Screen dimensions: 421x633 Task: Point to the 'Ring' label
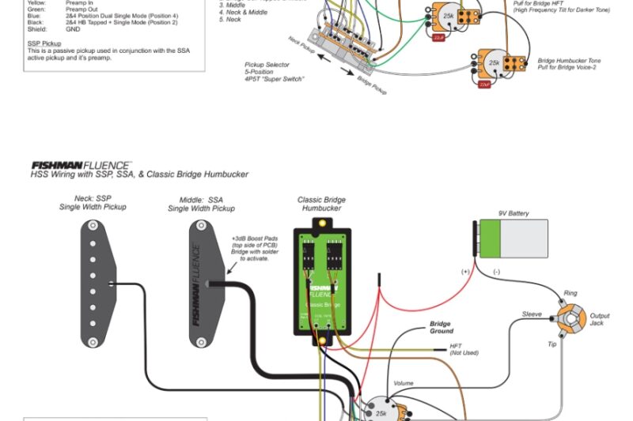click(x=570, y=293)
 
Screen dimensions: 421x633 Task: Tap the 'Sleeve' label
click(x=532, y=314)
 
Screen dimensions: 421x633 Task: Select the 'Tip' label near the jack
click(x=552, y=344)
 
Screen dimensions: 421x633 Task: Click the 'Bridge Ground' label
click(x=441, y=327)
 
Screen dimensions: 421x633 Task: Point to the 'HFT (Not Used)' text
click(x=464, y=349)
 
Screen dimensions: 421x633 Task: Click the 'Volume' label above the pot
click(x=403, y=383)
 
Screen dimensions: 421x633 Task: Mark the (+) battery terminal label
click(x=466, y=272)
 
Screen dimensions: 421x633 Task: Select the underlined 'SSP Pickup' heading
click(x=44, y=43)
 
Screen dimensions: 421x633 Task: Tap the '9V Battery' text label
click(x=514, y=213)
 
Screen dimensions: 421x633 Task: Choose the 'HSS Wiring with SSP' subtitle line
click(x=139, y=174)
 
